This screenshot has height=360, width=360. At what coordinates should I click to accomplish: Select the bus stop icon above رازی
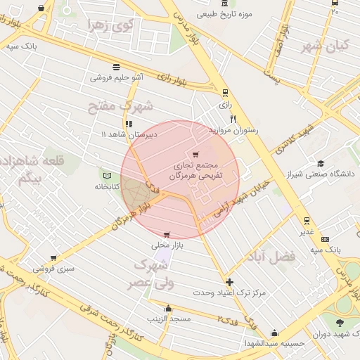tap(225, 93)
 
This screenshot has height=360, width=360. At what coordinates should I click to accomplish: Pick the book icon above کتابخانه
tap(107, 175)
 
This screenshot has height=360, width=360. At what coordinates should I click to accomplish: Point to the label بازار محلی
tap(166, 245)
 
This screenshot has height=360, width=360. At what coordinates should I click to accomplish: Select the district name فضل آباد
tap(271, 257)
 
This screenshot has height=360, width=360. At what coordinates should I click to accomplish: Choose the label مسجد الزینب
tap(168, 319)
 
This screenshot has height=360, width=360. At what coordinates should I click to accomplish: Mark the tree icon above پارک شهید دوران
tap(340, 323)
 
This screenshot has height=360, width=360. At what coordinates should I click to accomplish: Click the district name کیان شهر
tap(326, 46)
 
